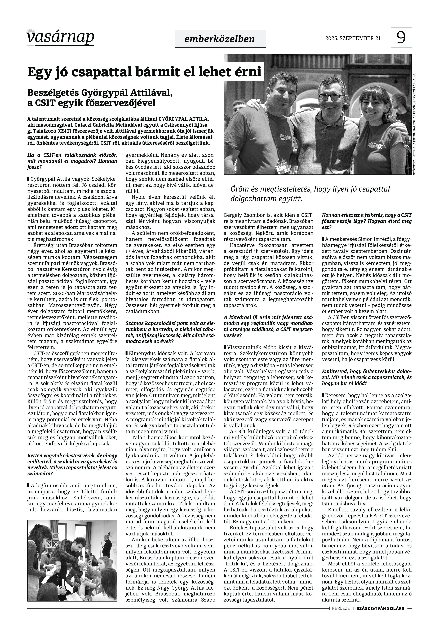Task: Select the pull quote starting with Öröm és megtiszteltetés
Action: point(310,194)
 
